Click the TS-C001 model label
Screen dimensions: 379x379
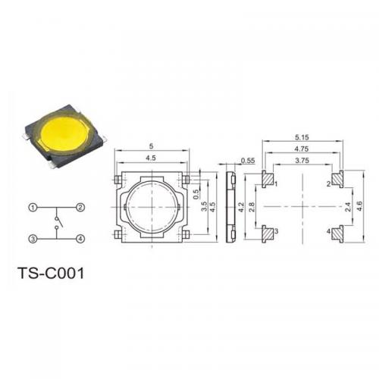click(x=52, y=274)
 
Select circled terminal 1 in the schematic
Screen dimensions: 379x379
click(x=33, y=208)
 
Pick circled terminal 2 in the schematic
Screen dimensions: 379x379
click(x=80, y=208)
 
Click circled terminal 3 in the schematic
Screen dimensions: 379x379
click(x=33, y=239)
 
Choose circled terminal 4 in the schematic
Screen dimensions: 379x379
click(x=80, y=239)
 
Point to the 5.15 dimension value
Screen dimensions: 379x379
click(x=302, y=137)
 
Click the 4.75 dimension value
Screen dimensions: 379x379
click(x=302, y=149)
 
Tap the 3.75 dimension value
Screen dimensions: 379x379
click(x=302, y=161)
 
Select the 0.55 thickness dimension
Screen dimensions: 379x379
click(x=248, y=161)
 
